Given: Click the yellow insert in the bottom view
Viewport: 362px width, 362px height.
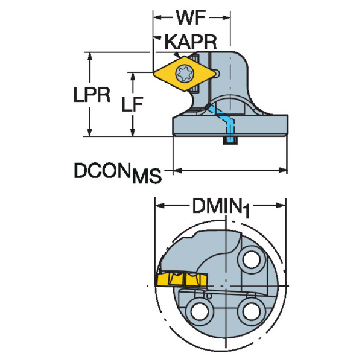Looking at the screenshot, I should [x=182, y=280].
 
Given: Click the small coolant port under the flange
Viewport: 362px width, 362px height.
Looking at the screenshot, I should [x=230, y=141].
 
